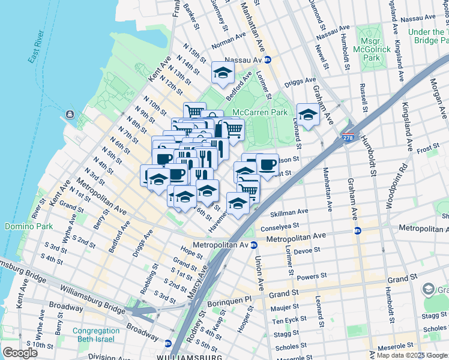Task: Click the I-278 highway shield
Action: [348, 139]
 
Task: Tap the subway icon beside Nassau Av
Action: [268, 60]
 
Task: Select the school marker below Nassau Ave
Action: [223, 74]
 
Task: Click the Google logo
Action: [20, 352]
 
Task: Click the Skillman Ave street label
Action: [289, 212]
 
